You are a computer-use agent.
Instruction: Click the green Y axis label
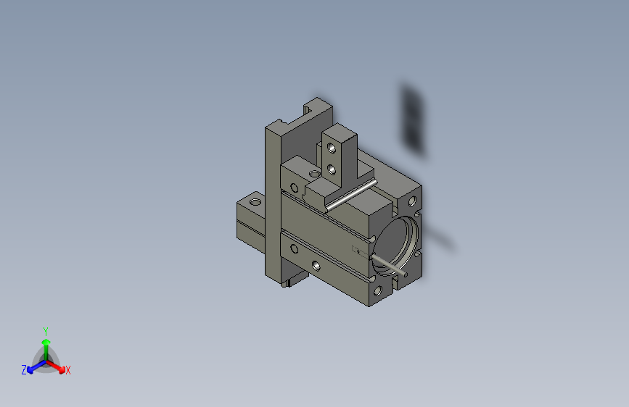[x=46, y=332]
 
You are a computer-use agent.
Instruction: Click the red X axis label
[x=67, y=371]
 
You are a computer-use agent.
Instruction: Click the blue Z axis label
[x=24, y=370]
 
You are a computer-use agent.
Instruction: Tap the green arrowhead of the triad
[x=46, y=342]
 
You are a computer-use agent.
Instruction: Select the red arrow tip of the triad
[x=62, y=370]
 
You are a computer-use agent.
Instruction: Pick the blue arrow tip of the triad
[x=30, y=371]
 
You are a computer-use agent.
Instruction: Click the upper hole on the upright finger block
[x=332, y=148]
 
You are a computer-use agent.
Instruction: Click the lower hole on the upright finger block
[x=332, y=170]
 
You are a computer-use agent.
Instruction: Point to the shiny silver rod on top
[x=352, y=195]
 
